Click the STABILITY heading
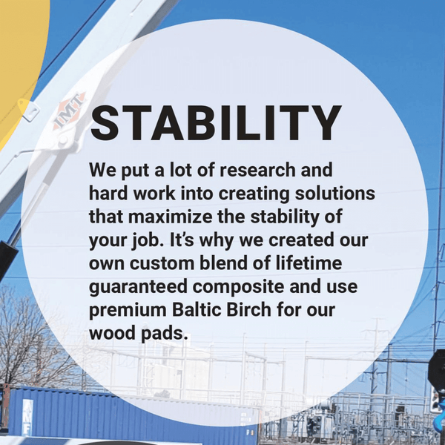(x=216, y=122)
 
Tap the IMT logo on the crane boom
(x=69, y=111)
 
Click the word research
(x=257, y=170)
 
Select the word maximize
(x=170, y=217)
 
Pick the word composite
(x=238, y=286)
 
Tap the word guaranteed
(x=138, y=286)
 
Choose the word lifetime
(x=309, y=263)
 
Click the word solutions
(x=335, y=194)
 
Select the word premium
(x=128, y=310)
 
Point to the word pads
(x=165, y=333)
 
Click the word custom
(x=162, y=263)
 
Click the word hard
(x=108, y=194)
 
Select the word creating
(x=254, y=194)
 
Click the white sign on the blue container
(x=27, y=417)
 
